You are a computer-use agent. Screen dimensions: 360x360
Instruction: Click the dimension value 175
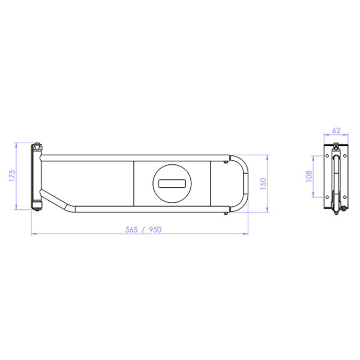(12, 175)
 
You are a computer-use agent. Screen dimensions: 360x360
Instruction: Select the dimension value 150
(263, 184)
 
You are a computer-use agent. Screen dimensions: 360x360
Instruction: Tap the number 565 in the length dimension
(131, 229)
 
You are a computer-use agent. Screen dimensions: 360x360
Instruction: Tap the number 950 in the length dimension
(155, 229)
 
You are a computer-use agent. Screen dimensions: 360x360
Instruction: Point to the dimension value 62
(336, 130)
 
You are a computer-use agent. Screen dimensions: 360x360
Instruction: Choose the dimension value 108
(309, 176)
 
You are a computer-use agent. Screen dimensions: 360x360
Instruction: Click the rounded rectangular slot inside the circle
(172, 184)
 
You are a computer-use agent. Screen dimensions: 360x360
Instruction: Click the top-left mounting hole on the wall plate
(327, 156)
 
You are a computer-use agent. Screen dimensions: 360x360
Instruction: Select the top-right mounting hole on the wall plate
(345, 156)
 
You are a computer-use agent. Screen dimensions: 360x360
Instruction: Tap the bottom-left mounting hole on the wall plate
(327, 197)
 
